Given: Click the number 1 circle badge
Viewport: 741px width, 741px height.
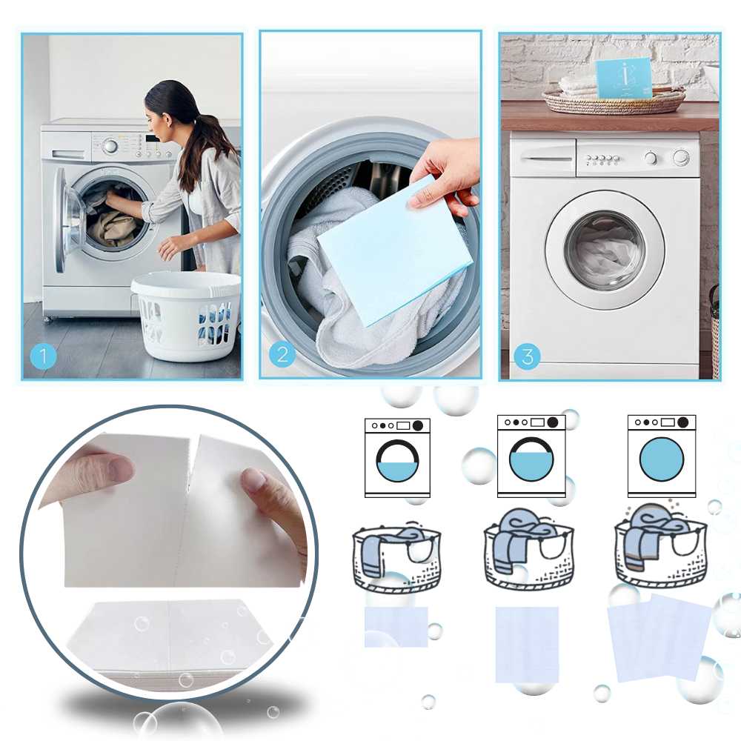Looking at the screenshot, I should [x=43, y=356].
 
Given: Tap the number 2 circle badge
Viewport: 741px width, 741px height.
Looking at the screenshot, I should [x=282, y=354].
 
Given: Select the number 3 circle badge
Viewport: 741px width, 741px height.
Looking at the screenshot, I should [x=527, y=356].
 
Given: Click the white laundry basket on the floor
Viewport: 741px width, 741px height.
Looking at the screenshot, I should [x=187, y=314].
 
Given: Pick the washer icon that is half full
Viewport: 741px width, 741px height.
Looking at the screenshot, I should [x=397, y=457].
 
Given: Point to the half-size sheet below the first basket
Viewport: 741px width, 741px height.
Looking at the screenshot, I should [x=396, y=627].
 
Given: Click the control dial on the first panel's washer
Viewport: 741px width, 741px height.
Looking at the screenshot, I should [x=110, y=145].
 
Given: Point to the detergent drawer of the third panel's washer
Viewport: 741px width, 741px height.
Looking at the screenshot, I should [x=544, y=158].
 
